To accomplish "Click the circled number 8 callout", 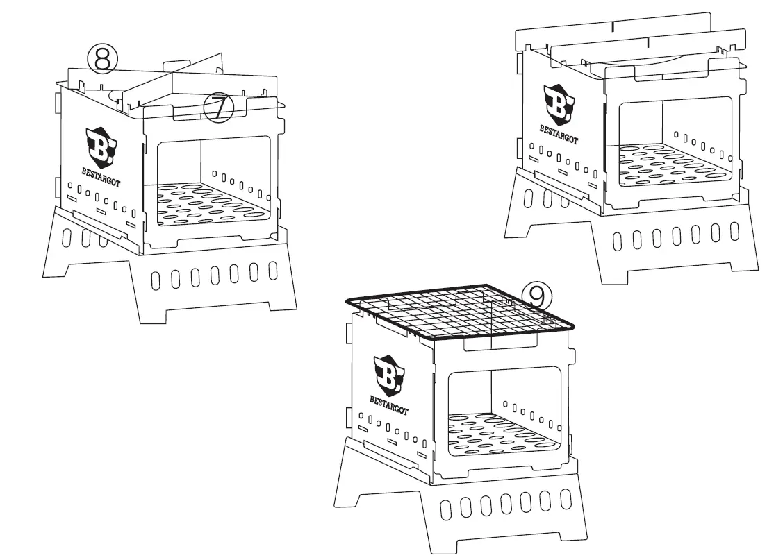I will tap(102, 60).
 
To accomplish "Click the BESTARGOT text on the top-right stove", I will tap(559, 133).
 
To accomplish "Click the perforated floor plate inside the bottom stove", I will tap(497, 434).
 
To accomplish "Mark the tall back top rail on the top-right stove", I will tap(618, 28).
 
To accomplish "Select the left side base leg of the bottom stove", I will tap(354, 479).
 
